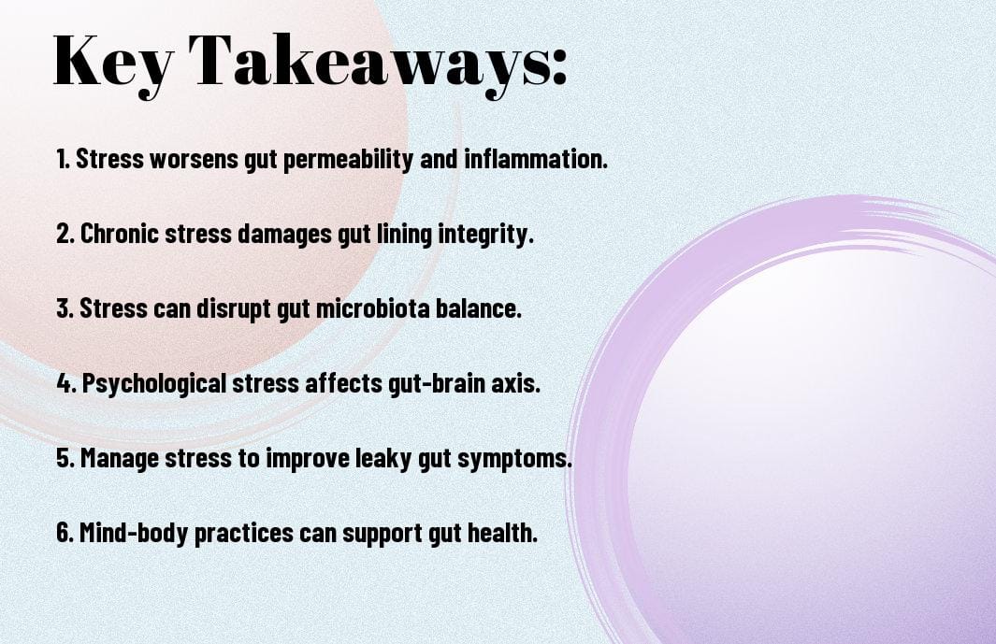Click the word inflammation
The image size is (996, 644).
tap(536, 159)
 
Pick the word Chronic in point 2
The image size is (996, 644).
tap(121, 234)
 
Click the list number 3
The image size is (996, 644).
tap(65, 308)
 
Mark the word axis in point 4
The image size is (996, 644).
tap(515, 383)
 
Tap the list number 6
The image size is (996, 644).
tap(65, 533)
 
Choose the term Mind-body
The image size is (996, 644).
tap(134, 533)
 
